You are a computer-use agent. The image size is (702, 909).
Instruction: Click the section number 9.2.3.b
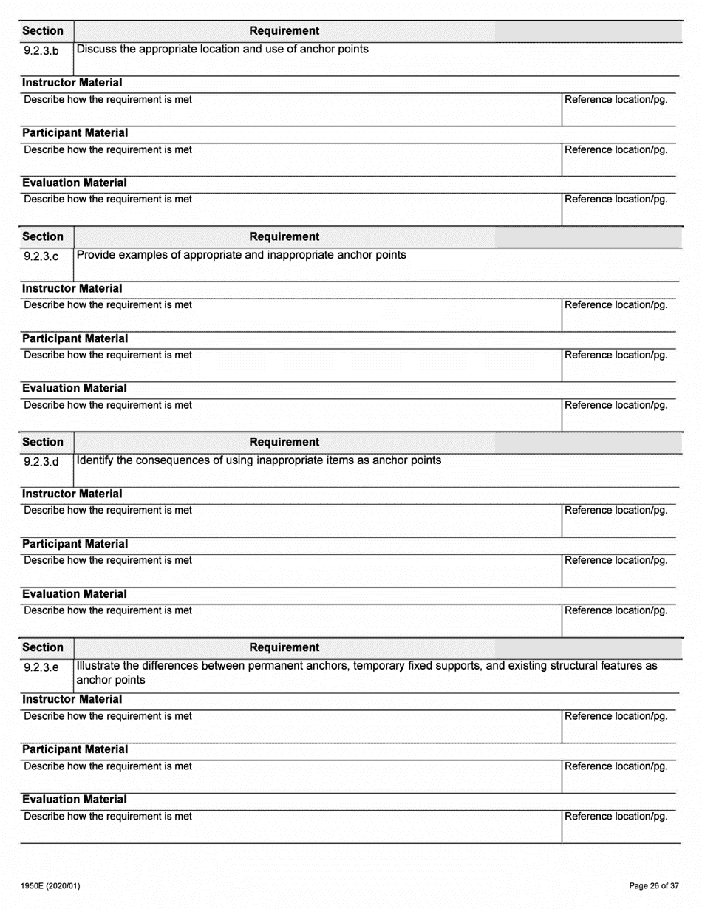click(x=41, y=52)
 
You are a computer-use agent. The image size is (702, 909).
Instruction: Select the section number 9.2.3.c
click(x=41, y=257)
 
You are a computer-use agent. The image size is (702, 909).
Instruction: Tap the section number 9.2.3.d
click(x=41, y=463)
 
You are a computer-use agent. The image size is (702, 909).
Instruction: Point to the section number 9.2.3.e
click(x=41, y=668)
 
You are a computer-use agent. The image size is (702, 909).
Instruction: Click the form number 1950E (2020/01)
click(x=51, y=885)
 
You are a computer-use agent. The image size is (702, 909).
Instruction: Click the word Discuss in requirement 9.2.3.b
click(x=98, y=50)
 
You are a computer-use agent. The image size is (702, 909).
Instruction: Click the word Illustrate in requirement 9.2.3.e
click(x=100, y=666)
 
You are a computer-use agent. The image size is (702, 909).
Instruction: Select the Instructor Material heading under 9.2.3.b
click(x=72, y=83)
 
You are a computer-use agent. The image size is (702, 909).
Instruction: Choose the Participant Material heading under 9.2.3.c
click(x=75, y=338)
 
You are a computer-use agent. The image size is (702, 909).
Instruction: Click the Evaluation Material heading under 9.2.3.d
click(x=74, y=594)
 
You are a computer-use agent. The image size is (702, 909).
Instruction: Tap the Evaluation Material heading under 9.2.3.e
click(x=74, y=800)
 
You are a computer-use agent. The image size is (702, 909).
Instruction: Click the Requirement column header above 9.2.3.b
click(x=284, y=31)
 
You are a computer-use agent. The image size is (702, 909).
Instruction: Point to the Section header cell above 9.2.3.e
click(x=43, y=647)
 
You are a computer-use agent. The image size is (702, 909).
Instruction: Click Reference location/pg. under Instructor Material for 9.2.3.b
click(x=616, y=100)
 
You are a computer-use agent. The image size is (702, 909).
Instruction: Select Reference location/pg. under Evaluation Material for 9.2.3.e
click(x=616, y=817)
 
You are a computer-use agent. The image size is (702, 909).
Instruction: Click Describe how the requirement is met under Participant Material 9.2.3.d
click(x=108, y=560)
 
